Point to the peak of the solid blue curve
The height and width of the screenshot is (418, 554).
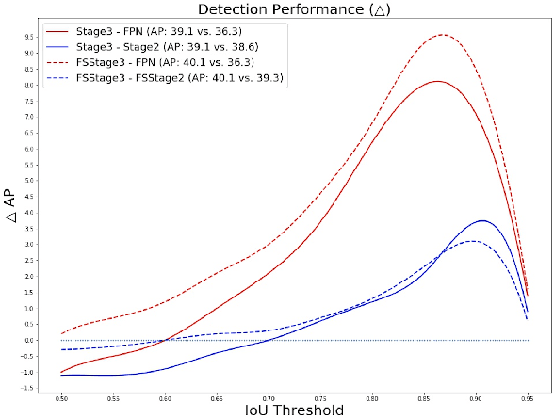482,220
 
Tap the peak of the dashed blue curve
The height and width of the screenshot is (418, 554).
473,241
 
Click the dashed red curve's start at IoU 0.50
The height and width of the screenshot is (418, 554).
61,333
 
